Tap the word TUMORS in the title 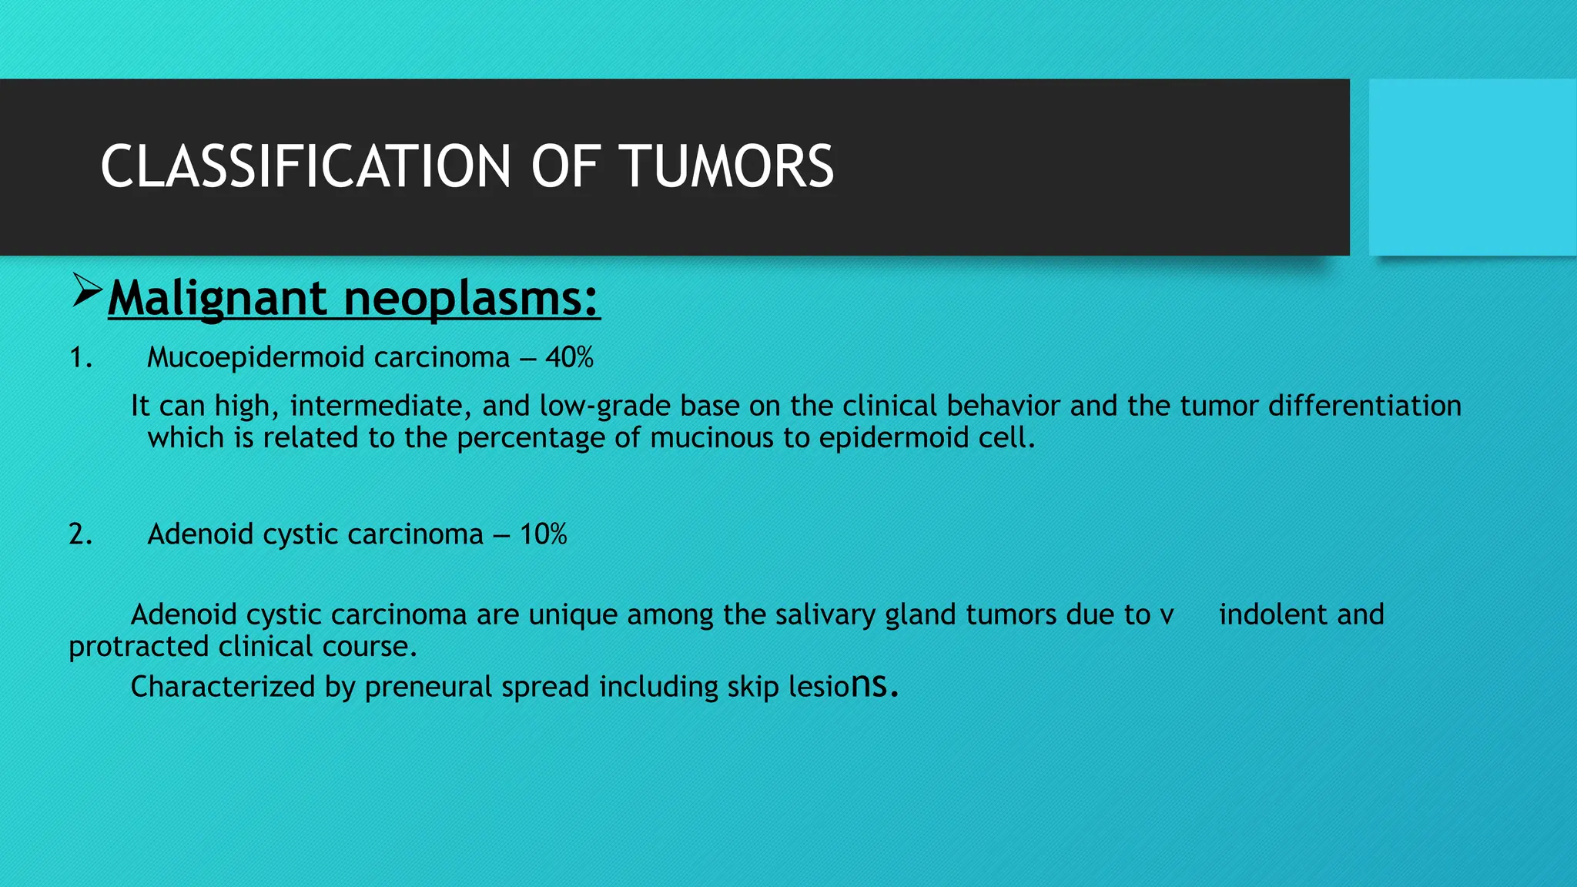(x=728, y=167)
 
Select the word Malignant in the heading (x=218, y=298)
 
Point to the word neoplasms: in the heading (x=470, y=298)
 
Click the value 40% (x=569, y=357)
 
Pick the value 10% (x=543, y=534)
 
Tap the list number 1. (x=80, y=357)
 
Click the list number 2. (x=80, y=534)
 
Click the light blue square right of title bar (x=1472, y=167)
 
